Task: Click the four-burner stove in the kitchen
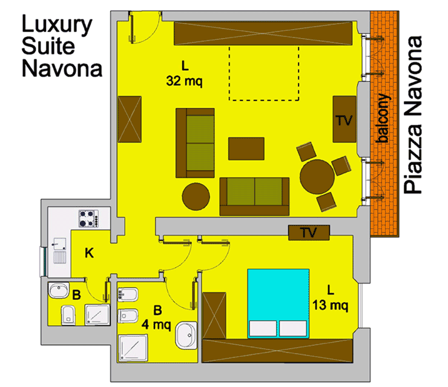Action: (88, 219)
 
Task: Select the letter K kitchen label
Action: (89, 253)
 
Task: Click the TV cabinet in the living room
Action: (344, 119)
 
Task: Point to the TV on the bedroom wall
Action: (309, 233)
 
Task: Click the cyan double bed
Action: (278, 303)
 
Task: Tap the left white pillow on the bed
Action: (263, 328)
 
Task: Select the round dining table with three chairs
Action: (317, 177)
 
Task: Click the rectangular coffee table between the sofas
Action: (246, 148)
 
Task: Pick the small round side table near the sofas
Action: (196, 197)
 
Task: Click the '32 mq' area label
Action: (184, 81)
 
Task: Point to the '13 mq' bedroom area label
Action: (331, 305)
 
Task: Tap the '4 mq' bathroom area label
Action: (156, 325)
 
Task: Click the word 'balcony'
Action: (383, 117)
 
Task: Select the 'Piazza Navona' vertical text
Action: (413, 115)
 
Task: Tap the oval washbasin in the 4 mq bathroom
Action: (186, 336)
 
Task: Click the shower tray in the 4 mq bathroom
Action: (133, 348)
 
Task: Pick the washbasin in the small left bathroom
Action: (59, 291)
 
